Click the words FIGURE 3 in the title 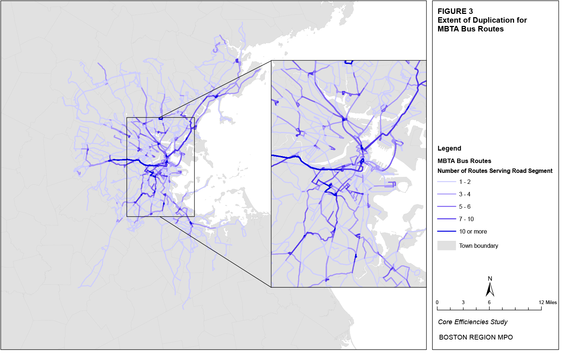coord(455,11)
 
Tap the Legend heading coord(449,148)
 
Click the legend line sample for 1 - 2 coord(447,182)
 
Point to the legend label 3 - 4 coord(464,194)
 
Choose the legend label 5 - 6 coord(464,206)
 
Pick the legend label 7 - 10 coord(466,219)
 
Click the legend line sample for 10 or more coord(447,231)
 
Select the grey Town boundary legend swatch coord(447,246)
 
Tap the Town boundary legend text coord(478,246)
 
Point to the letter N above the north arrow coord(490,278)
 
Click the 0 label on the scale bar coord(437,302)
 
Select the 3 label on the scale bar coord(463,302)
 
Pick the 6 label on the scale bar coord(489,302)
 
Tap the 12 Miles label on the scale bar coord(547,302)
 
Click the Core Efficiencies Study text coord(472,322)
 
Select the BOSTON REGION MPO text coord(476,337)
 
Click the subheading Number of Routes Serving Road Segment coord(495,171)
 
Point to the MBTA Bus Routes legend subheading coord(464,161)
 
